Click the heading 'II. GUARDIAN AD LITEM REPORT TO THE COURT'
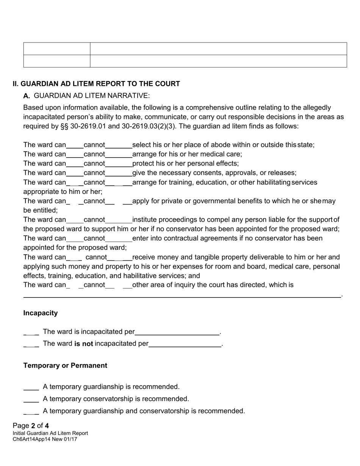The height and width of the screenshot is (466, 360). [x=96, y=84]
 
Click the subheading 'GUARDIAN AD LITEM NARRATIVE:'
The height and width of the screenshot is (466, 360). [x=92, y=95]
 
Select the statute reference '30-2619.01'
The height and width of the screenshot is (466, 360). [x=87, y=126]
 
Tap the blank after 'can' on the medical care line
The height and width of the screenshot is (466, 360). [x=75, y=155]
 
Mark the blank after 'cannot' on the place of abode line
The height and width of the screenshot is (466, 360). [x=119, y=145]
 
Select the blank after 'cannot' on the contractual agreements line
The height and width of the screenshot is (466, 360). [x=119, y=239]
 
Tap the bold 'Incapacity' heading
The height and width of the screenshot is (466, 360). [x=41, y=313]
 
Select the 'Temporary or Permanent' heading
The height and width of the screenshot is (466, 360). [x=65, y=366]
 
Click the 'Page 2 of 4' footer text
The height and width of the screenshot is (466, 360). [x=31, y=425]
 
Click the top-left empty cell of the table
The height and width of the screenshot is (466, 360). [x=57, y=48]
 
